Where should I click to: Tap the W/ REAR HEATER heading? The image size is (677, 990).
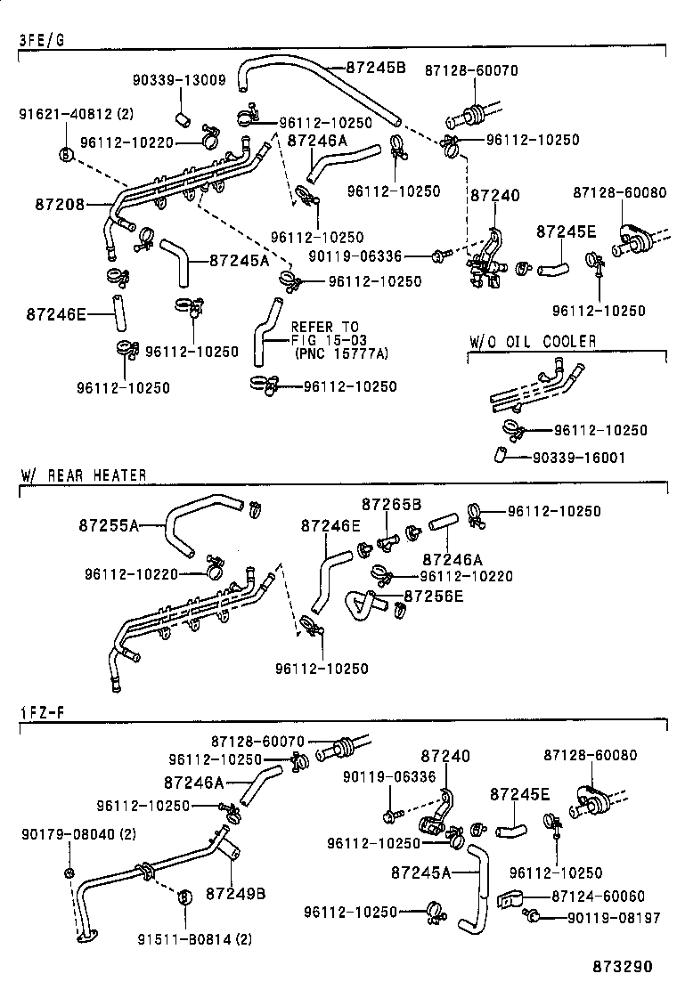coord(83,475)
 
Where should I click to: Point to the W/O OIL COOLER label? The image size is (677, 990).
coord(533,342)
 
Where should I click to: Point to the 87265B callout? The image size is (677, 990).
coord(391,505)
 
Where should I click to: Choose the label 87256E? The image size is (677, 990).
coord(434,595)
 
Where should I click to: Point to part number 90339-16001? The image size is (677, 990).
coord(578,458)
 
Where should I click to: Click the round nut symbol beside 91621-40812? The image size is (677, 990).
coord(65,155)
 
